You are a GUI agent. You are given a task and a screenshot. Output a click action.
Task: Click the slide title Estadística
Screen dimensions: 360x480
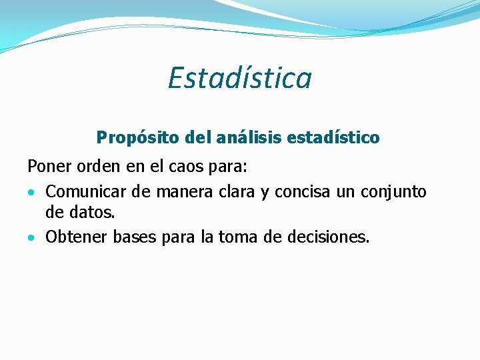click(x=239, y=77)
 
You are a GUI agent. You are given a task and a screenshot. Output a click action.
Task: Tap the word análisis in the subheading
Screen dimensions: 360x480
click(x=246, y=137)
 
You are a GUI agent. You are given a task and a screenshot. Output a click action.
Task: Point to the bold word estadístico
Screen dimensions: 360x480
click(x=333, y=137)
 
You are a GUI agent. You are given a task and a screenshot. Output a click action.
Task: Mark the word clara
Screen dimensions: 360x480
click(x=235, y=192)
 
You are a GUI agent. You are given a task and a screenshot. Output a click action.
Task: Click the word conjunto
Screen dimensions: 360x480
click(x=393, y=193)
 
